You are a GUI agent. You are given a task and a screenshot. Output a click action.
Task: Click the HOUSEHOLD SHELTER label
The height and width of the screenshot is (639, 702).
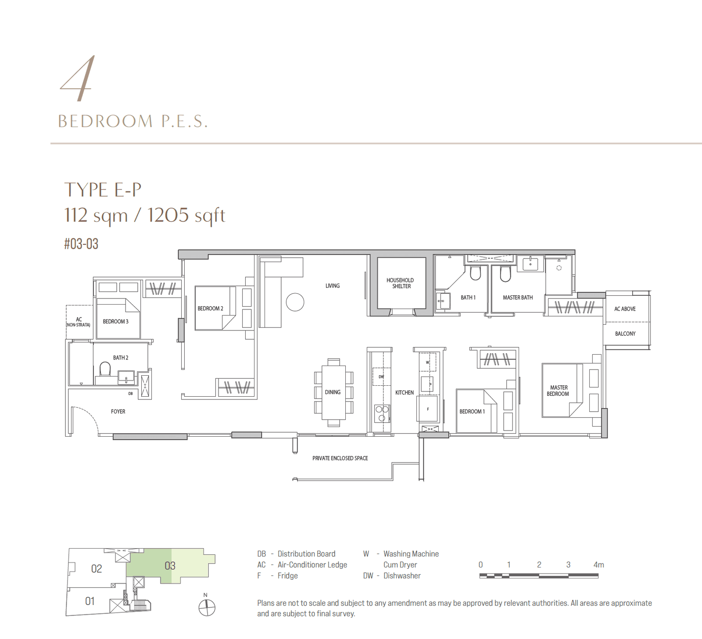[x=400, y=283]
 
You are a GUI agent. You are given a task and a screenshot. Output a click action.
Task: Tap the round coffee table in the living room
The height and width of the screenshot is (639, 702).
[x=295, y=302]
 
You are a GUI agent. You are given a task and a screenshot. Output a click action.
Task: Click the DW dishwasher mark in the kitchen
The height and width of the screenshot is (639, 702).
[x=381, y=377]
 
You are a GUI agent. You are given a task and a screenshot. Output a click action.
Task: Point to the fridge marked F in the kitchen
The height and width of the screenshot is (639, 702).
[x=428, y=409]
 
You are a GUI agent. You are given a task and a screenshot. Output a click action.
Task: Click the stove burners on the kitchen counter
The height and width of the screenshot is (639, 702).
[x=381, y=413]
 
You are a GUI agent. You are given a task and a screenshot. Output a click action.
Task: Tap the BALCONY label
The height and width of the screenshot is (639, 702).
[x=625, y=334]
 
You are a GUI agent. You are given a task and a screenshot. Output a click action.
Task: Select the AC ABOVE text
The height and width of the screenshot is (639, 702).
[x=624, y=309]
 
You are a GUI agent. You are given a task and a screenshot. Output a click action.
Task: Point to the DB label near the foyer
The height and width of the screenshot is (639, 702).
[x=130, y=394]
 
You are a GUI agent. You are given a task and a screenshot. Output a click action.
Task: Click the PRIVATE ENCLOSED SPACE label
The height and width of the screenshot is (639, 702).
[x=340, y=458]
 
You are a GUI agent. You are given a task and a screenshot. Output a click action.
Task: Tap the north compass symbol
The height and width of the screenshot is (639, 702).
[x=207, y=607]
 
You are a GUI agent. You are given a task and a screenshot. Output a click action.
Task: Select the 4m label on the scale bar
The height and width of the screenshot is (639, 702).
[x=598, y=565]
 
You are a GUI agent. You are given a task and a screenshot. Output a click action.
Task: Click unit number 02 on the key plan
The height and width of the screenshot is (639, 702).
[x=96, y=569]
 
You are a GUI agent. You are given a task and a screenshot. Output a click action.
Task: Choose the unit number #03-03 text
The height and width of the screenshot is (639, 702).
[x=81, y=244]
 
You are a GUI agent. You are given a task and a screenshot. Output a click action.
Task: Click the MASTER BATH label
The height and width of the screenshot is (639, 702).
[x=518, y=298]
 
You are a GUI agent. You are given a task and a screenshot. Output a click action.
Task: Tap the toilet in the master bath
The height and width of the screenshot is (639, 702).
[x=505, y=274]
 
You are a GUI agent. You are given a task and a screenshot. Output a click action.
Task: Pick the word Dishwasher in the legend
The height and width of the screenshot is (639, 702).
[x=402, y=576]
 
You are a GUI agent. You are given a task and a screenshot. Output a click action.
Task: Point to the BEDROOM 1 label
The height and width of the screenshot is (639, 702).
[x=472, y=412]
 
